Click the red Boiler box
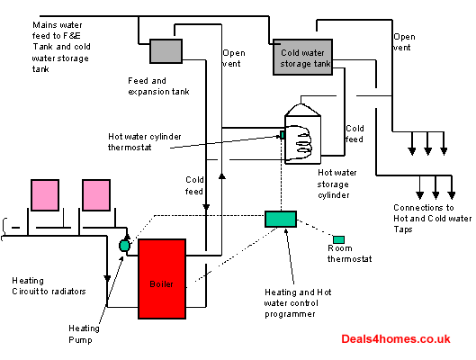pos(162,279)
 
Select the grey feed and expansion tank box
pos(166,51)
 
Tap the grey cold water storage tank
pos(302,57)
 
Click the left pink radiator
pos(45,195)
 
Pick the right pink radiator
pos(96,195)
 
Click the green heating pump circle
pos(124,246)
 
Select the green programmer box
pos(281,219)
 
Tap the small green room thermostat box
pos(338,239)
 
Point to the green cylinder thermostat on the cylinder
pos(282,135)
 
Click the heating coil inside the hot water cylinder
pos(303,142)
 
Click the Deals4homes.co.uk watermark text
pos(396,339)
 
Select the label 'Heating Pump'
pos(84,334)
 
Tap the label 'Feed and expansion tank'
pos(158,86)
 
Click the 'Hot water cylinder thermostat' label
pos(145,142)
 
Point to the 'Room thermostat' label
pos(349,254)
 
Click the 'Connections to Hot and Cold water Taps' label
pos(433,218)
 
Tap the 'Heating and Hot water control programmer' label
pos(298,303)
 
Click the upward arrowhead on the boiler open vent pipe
pos(222,176)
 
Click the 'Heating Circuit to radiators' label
pos(49,286)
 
